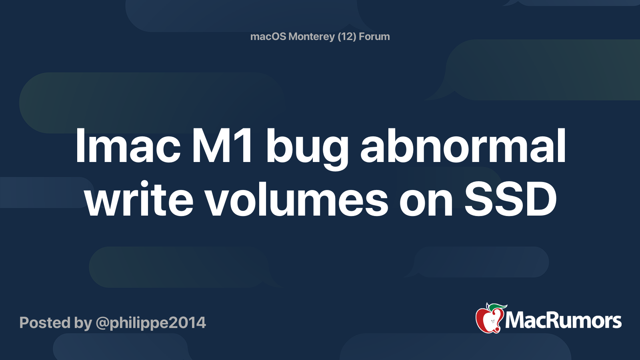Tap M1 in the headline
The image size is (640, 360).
pyautogui.click(x=222, y=146)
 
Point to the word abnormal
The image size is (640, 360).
pyautogui.click(x=463, y=146)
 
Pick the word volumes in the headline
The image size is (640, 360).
pyautogui.click(x=296, y=199)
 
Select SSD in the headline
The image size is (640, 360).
pyautogui.click(x=510, y=199)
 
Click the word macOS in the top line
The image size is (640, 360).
pyautogui.click(x=268, y=36)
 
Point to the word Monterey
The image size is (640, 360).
pyautogui.click(x=312, y=37)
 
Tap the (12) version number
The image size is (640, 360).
pyautogui.click(x=347, y=36)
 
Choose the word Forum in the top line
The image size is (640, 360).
pyautogui.click(x=374, y=36)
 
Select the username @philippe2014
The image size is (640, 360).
pyautogui.click(x=151, y=323)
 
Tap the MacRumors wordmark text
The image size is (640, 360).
pyautogui.click(x=563, y=321)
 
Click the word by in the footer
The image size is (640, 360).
pyautogui.click(x=83, y=323)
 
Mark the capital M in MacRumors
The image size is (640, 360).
pyautogui.click(x=515, y=321)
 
